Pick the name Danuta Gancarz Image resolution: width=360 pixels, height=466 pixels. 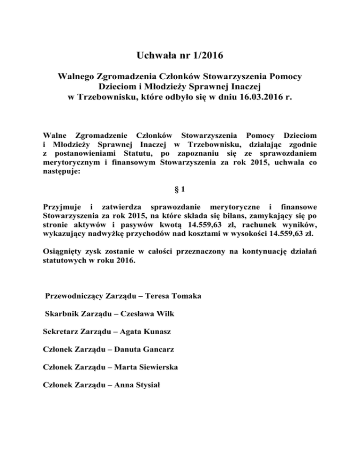142,349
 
